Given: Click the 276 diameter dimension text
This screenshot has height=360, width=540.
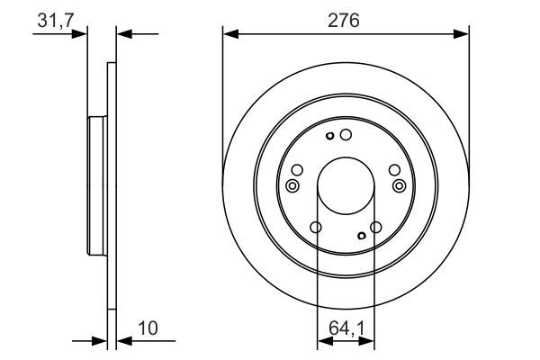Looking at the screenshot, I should [x=345, y=21].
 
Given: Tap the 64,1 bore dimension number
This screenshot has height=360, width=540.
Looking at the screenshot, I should [x=346, y=329].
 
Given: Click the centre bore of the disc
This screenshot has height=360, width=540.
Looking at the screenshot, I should [x=346, y=184].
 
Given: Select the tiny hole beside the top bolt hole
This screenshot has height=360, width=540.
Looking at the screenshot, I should [x=330, y=136].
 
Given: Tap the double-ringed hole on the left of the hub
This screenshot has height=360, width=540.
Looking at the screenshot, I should [x=292, y=185].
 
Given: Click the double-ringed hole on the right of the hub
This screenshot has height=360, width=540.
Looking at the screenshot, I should [x=400, y=185].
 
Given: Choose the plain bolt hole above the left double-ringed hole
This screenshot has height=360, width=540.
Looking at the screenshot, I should [x=298, y=170].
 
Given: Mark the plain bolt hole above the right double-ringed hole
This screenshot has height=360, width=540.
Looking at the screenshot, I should [x=394, y=170].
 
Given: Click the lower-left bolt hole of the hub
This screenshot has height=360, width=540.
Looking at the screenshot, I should [x=315, y=228].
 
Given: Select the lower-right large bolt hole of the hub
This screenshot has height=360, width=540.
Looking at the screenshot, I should [x=376, y=228].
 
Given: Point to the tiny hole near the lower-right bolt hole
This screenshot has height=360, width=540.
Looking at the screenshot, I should [x=362, y=236].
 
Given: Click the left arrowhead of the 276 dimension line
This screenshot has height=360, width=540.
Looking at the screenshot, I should [x=229, y=34].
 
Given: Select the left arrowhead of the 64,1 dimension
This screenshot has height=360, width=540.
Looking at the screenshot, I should [x=322, y=342].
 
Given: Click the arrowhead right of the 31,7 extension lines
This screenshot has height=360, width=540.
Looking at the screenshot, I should [x=124, y=34].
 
